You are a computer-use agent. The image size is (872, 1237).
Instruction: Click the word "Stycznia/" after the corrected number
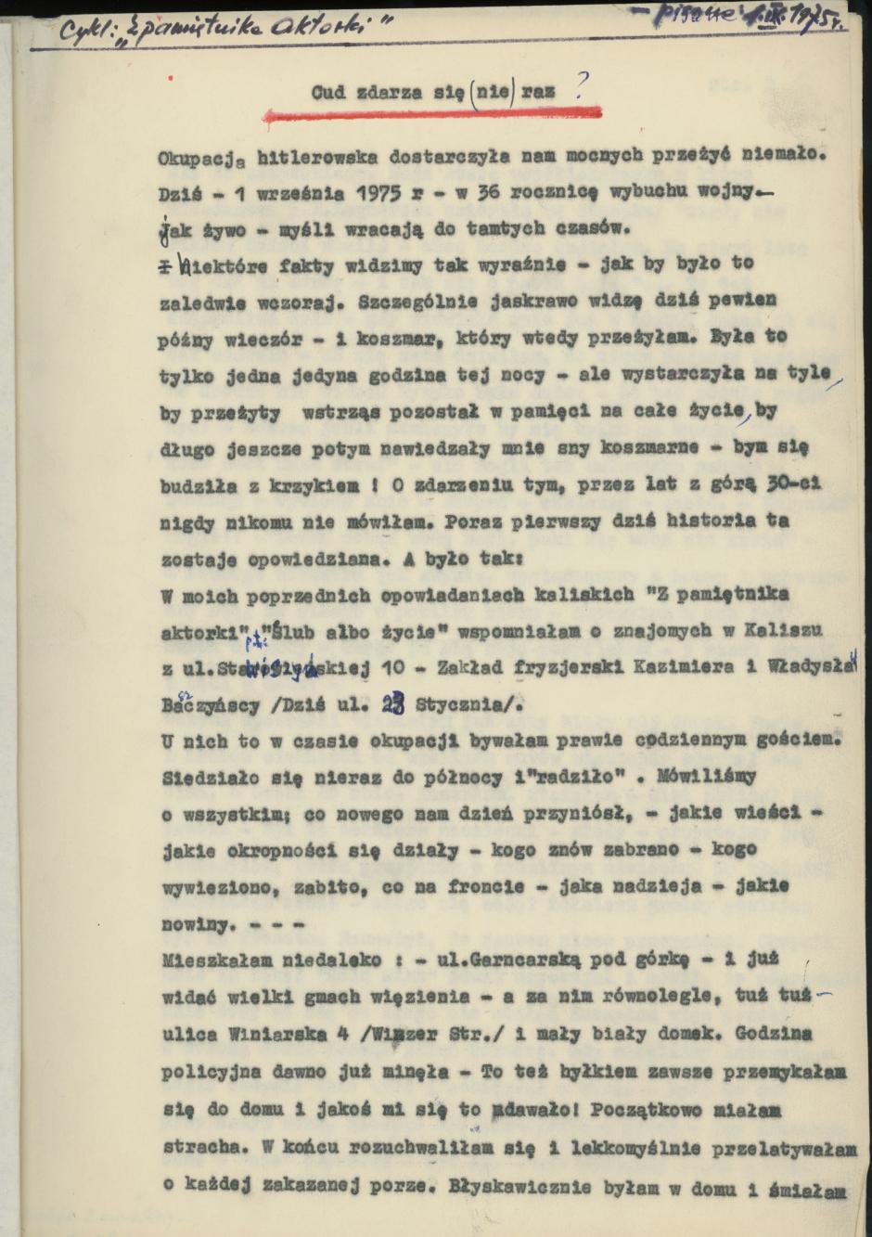point(469,705)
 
